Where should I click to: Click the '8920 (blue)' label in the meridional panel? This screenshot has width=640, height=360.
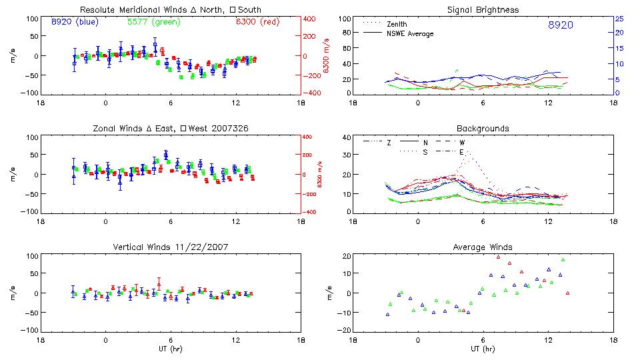tap(75, 22)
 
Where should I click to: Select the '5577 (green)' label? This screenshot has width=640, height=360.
tap(148, 22)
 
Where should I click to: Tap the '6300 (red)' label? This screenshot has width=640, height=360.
tap(257, 22)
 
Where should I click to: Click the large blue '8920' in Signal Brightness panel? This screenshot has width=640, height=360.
tap(560, 25)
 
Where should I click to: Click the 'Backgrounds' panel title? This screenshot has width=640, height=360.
tap(483, 128)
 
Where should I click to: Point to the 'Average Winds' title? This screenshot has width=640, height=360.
tap(483, 247)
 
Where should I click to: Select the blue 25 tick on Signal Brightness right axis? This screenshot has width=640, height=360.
tap(619, 19)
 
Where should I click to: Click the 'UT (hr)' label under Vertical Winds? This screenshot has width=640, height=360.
tap(170, 348)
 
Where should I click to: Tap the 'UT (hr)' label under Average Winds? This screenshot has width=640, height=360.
tap(483, 348)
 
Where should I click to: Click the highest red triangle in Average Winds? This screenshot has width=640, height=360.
tap(498, 257)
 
